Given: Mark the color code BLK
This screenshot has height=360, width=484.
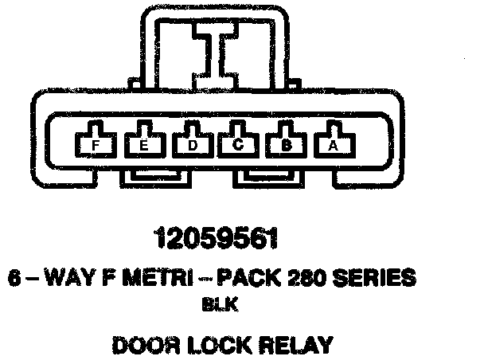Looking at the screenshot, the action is (x=217, y=303).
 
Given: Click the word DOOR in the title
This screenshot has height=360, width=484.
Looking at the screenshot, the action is (x=143, y=345).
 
